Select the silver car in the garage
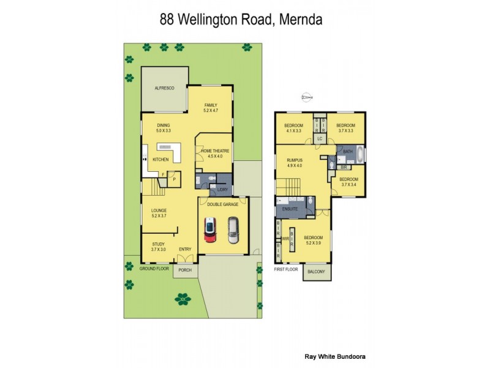click(233, 230)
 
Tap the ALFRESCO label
click(165, 89)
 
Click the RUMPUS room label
click(295, 159)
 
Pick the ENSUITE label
click(290, 209)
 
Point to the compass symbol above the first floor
click(307, 96)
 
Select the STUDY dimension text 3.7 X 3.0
click(159, 250)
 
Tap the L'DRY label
click(222, 190)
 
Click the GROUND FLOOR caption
click(154, 269)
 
